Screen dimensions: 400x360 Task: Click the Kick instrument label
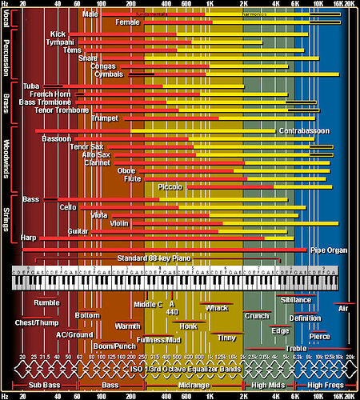pos(58,34)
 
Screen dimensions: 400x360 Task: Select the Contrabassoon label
pos(304,130)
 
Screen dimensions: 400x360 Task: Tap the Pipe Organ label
pos(328,250)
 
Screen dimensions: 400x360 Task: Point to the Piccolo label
pos(170,186)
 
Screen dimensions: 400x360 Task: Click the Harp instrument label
pos(30,238)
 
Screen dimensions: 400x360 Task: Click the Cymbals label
pos(108,74)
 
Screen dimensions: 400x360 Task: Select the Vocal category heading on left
pos(7,18)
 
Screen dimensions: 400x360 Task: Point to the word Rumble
pos(46,302)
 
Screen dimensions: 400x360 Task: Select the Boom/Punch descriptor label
pos(114,346)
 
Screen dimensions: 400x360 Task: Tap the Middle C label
pos(148,304)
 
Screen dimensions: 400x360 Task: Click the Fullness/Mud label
pos(158,339)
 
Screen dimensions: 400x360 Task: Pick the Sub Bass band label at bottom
pos(37,386)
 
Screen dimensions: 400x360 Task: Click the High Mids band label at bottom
pos(267,386)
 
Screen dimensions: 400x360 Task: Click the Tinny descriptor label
pos(226,337)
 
